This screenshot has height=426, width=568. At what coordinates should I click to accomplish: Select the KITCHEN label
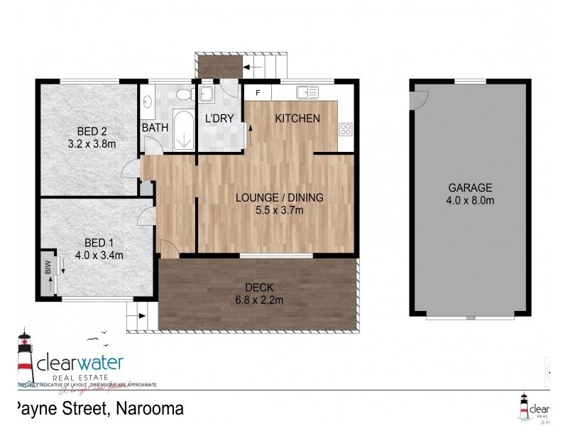tap(297, 119)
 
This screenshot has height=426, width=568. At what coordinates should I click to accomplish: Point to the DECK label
tap(259, 288)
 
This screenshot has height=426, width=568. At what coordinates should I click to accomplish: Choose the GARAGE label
tap(470, 188)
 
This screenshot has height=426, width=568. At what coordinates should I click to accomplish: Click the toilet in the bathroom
tap(183, 94)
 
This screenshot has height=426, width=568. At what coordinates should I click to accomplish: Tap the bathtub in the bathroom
tap(184, 130)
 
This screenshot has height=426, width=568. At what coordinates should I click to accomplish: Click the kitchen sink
tap(307, 92)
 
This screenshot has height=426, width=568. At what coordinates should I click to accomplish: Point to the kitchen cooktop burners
tap(346, 129)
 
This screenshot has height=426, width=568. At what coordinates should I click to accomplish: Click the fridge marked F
tap(258, 92)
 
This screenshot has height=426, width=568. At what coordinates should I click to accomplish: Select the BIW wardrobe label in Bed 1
tap(48, 268)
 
